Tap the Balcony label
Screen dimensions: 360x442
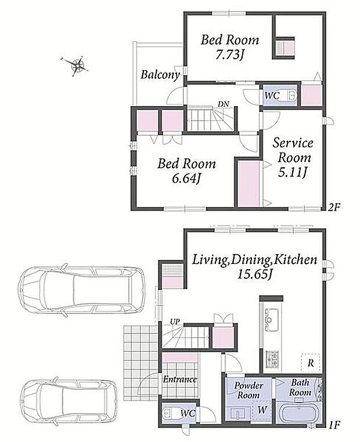pyautogui.click(x=160, y=75)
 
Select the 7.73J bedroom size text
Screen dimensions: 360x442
pyautogui.click(x=229, y=55)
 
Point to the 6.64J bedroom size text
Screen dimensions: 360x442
pyautogui.click(x=186, y=178)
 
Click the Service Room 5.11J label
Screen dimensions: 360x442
pyautogui.click(x=293, y=158)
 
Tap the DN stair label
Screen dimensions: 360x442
pyautogui.click(x=224, y=104)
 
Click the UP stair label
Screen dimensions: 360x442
pyautogui.click(x=175, y=321)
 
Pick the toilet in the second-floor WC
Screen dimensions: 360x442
pyautogui.click(x=290, y=96)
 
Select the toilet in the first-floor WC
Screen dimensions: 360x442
pyautogui.click(x=169, y=414)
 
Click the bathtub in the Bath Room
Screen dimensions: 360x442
pyautogui.click(x=298, y=412)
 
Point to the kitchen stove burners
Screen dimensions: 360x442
pyautogui.click(x=272, y=360)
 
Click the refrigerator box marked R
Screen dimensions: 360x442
pyautogui.click(x=310, y=362)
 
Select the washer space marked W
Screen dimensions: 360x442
pyautogui.click(x=262, y=410)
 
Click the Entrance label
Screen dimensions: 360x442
pyautogui.click(x=180, y=379)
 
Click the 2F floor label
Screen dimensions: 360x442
pyautogui.click(x=334, y=208)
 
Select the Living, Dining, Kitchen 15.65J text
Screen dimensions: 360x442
pyautogui.click(x=254, y=266)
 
